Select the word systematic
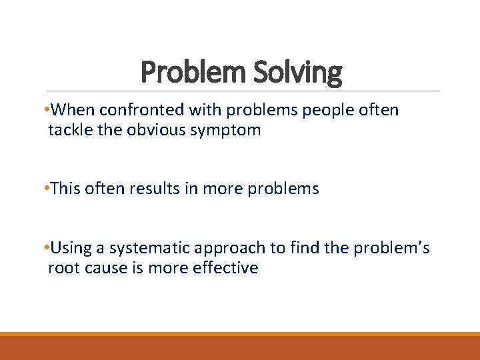[x=151, y=249]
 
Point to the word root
[x=63, y=269]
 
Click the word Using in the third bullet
[x=69, y=249]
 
